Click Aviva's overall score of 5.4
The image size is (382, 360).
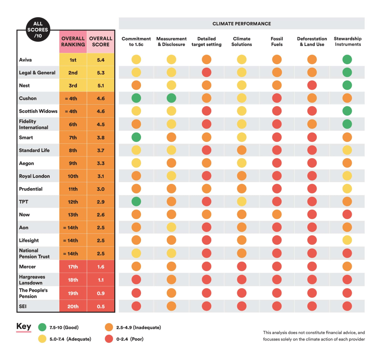(x=101, y=60)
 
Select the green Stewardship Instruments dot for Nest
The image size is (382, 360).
(x=347, y=85)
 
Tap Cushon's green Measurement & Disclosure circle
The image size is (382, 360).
(x=171, y=98)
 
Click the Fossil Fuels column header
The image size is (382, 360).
(x=277, y=41)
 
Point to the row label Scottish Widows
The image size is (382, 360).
(x=38, y=111)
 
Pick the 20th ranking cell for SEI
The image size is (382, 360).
(x=73, y=307)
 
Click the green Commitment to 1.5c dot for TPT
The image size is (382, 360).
(x=136, y=202)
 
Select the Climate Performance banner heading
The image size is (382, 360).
(x=241, y=24)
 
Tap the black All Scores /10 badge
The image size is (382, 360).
(x=38, y=30)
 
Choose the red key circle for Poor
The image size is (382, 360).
(x=109, y=339)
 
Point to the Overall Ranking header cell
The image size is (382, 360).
(x=73, y=41)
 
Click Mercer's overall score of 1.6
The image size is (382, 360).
(x=101, y=267)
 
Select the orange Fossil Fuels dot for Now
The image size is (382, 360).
(x=276, y=214)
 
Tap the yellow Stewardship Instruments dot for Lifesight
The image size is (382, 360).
(x=347, y=240)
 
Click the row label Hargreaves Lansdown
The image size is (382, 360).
(x=32, y=280)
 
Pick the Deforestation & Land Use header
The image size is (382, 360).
(x=312, y=41)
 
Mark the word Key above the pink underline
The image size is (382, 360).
(x=24, y=326)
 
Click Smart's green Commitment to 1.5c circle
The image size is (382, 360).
(x=136, y=137)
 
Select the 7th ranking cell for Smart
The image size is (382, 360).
(x=73, y=137)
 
